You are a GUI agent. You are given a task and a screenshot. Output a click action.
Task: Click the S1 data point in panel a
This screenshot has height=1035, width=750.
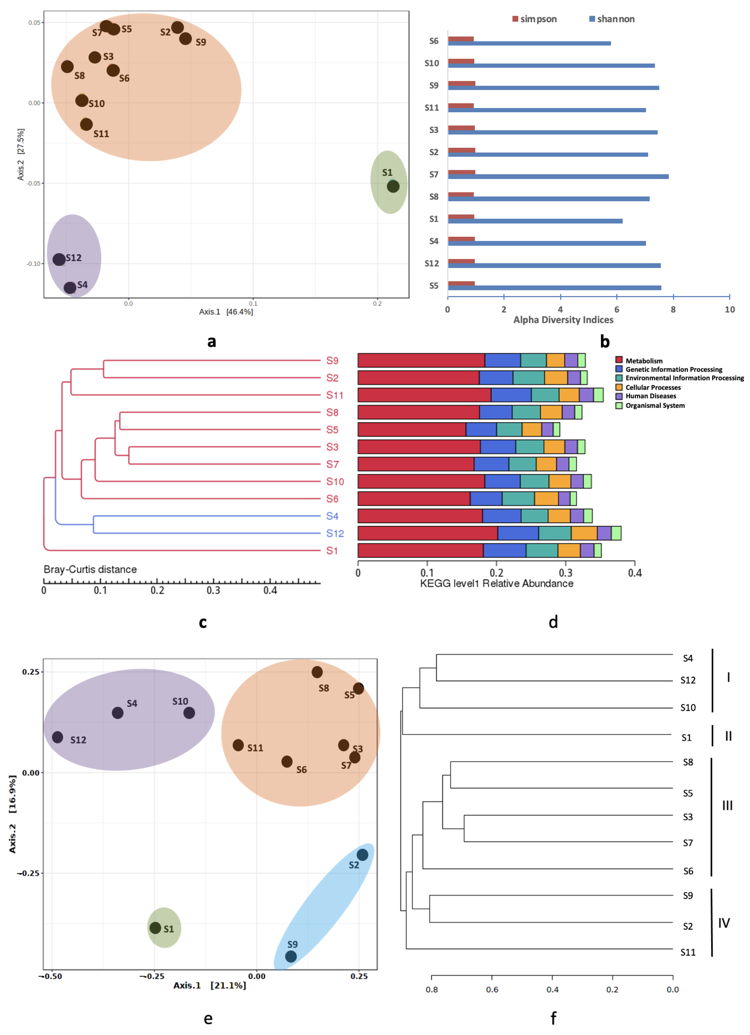(x=393, y=186)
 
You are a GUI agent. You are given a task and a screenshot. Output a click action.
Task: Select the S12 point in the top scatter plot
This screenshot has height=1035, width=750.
(x=59, y=260)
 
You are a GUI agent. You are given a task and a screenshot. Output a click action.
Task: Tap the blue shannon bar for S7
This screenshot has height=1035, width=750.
(x=558, y=177)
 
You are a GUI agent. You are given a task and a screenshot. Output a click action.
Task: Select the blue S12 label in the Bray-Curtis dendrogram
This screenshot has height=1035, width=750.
(x=335, y=533)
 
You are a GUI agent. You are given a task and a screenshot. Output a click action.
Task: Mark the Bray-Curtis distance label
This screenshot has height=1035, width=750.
(x=90, y=569)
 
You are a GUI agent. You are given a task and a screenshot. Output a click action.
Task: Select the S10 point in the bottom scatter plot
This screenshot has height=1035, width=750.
(x=189, y=713)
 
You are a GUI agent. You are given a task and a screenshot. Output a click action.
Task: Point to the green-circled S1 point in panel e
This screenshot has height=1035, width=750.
(x=155, y=928)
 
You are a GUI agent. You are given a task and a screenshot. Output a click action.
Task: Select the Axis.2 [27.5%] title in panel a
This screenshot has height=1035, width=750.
(x=21, y=154)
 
